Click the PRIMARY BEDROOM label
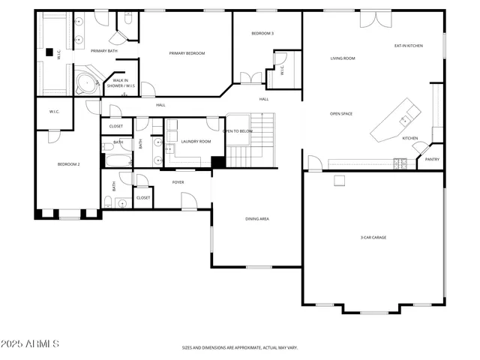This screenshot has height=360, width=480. click(187, 53)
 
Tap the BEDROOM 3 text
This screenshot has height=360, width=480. click(262, 34)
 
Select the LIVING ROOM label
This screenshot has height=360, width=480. click(343, 58)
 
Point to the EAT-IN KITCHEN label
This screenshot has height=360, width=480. click(409, 46)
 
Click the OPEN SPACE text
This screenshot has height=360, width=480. click(341, 114)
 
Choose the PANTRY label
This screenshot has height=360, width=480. click(432, 159)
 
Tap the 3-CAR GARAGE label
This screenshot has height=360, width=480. click(373, 238)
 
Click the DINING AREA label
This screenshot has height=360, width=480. click(257, 219)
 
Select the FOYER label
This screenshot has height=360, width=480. click(178, 182)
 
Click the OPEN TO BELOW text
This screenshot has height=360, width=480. click(237, 131)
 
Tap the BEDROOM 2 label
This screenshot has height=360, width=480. click(69, 164)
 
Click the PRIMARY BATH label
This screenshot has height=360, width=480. click(104, 51)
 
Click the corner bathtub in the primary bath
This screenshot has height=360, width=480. click(87, 79)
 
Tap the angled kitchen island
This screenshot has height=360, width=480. click(395, 120)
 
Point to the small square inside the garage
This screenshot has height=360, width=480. click(340, 179)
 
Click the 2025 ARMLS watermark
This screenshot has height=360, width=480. click(31, 343)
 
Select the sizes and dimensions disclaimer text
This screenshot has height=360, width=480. click(239, 348)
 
